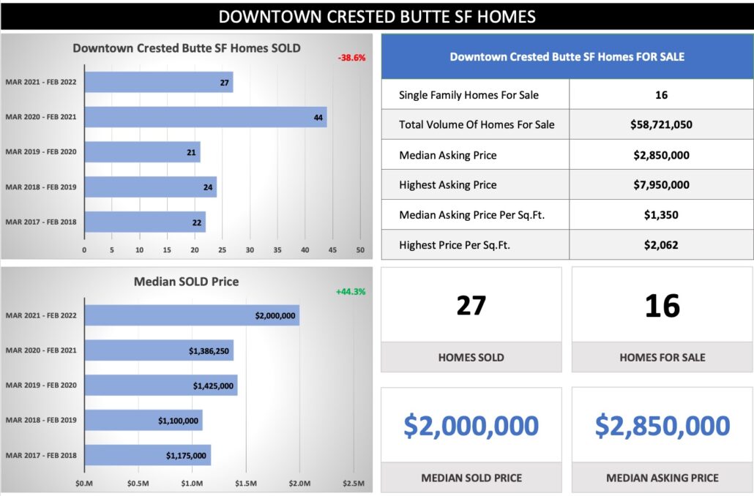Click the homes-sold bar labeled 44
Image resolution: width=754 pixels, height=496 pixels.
coord(205,117)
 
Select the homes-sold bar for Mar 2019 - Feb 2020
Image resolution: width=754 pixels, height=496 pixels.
coord(142,152)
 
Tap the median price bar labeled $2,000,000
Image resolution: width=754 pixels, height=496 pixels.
coord(192,315)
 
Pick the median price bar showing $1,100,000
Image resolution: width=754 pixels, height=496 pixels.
coord(143,421)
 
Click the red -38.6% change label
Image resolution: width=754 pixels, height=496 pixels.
coord(352,57)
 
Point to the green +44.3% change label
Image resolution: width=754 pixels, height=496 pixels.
coord(351,291)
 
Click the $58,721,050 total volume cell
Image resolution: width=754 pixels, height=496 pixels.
coord(661,124)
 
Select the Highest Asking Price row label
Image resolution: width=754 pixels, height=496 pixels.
coord(447,185)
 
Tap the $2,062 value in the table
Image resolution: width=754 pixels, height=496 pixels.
coord(661,245)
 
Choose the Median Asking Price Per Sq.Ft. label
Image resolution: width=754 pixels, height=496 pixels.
coord(471,215)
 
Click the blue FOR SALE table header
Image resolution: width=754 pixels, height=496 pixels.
coord(567,56)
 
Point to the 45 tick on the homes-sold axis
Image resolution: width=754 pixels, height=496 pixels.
coord(333,250)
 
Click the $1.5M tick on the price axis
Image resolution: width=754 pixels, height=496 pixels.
coord(246,484)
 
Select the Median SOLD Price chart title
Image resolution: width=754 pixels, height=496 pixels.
coord(186,281)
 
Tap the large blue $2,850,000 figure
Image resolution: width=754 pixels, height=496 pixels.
coord(662,426)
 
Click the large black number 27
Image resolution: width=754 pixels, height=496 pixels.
coord(471,305)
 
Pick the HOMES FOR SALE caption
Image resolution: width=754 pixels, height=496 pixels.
coord(662,358)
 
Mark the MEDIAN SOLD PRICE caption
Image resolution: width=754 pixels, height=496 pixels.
coord(471,478)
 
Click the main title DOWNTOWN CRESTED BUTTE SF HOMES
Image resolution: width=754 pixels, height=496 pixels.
coord(377,16)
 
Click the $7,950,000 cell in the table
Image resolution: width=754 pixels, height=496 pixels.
coord(661,185)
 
